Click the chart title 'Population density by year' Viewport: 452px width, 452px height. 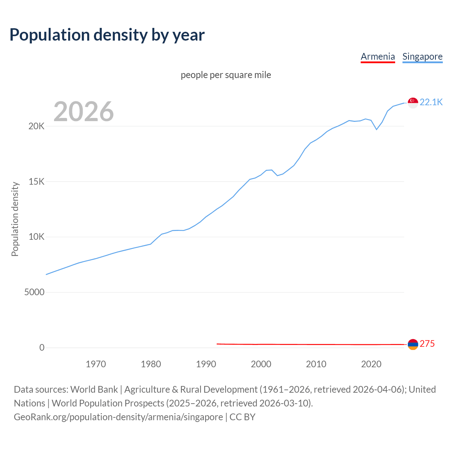[107, 35]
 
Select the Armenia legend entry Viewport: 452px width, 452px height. [377, 56]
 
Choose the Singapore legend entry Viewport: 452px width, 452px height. [422, 56]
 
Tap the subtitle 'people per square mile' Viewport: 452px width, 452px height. [226, 75]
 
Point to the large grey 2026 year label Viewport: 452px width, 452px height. [84, 112]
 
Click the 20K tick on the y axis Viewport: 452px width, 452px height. [36, 126]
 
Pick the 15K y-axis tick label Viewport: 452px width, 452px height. [36, 182]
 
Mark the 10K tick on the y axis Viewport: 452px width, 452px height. [36, 237]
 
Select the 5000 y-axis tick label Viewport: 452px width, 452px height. [34, 292]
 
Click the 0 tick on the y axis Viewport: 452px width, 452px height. [42, 348]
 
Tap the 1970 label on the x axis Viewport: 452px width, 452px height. [96, 364]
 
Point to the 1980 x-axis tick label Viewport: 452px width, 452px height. [151, 364]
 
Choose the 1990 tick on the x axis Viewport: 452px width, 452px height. [206, 364]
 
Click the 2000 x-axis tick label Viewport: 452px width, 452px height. [261, 364]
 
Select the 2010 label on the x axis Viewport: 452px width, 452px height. [316, 364]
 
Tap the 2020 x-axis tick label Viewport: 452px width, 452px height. [371, 364]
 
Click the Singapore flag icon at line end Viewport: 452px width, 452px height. [413, 103]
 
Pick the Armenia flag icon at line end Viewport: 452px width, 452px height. [413, 344]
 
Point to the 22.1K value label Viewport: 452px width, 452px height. [431, 102]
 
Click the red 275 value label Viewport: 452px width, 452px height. [427, 344]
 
